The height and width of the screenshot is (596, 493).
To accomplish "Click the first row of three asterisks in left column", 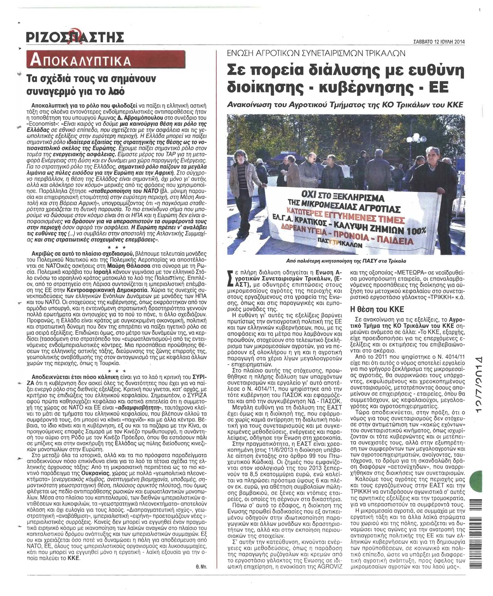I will [113, 247].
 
